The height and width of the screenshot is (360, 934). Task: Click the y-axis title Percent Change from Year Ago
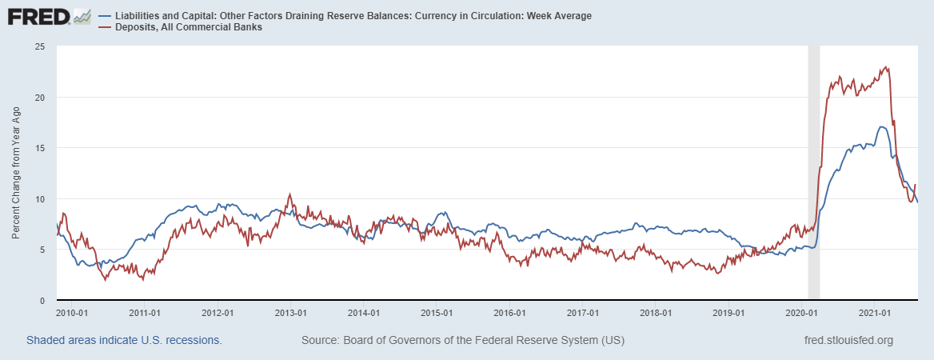(x=17, y=173)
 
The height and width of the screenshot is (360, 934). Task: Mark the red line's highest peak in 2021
(x=885, y=67)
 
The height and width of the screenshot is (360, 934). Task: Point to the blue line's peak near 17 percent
(x=880, y=126)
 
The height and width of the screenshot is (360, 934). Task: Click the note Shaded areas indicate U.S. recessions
(x=124, y=340)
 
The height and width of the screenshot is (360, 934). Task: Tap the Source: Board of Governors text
(x=463, y=340)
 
